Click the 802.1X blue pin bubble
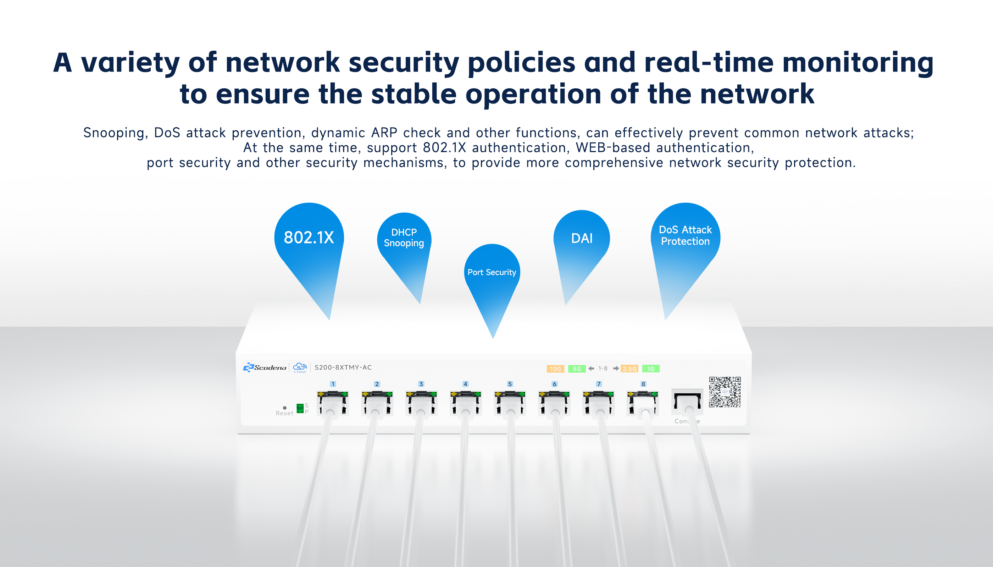coord(309,237)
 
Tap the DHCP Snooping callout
coord(404,237)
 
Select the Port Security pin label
coord(492,272)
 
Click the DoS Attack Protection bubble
coord(685,236)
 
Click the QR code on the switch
coord(725,392)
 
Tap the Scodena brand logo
coord(265,367)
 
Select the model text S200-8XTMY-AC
coord(343,367)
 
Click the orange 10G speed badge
coord(555,369)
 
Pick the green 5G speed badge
coord(577,369)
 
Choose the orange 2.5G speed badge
coord(629,369)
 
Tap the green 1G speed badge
coord(651,369)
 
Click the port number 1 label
coord(333,384)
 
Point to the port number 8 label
coord(643,384)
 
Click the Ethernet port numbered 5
coord(510,403)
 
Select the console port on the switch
coord(687,402)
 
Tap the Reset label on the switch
coord(284,413)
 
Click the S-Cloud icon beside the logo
coord(300,367)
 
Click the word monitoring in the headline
coord(858,63)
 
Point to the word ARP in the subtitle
coord(384,133)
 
